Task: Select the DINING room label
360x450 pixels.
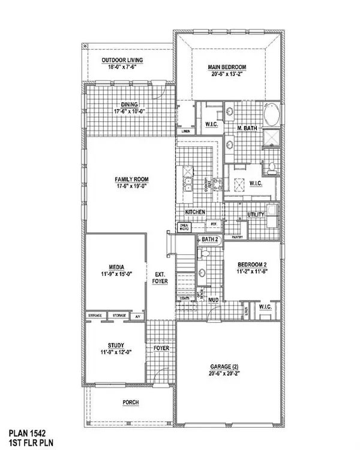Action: pyautogui.click(x=130, y=104)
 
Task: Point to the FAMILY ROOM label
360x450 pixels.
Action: pyautogui.click(x=133, y=179)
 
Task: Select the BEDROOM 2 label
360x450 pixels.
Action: pyautogui.click(x=252, y=265)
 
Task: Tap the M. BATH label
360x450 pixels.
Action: pyautogui.click(x=247, y=128)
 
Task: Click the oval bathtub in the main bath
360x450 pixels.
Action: pyautogui.click(x=271, y=114)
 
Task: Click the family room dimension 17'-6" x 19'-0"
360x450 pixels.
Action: pyautogui.click(x=133, y=187)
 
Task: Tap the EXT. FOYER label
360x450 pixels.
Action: pyautogui.click(x=160, y=277)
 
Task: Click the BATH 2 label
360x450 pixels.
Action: pyautogui.click(x=211, y=239)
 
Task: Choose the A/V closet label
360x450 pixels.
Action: pyautogui.click(x=137, y=316)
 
